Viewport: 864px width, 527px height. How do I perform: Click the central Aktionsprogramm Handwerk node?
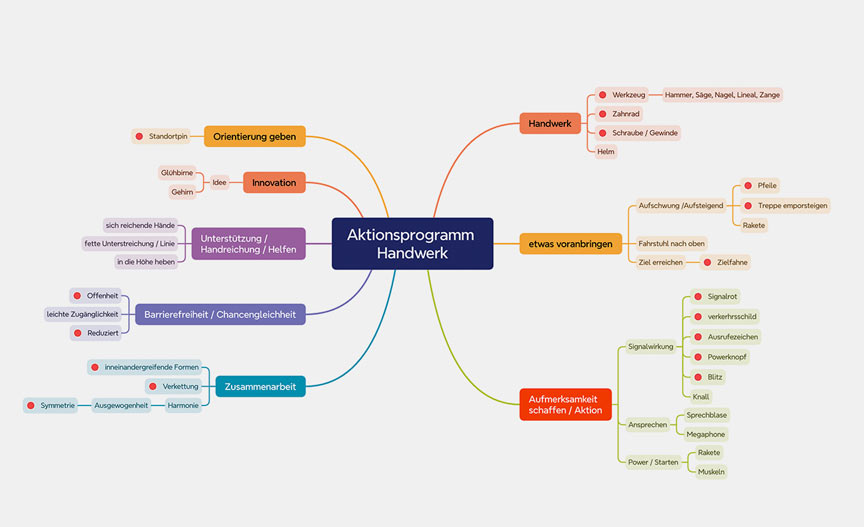(411, 243)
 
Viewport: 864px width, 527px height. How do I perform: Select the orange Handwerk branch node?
(549, 123)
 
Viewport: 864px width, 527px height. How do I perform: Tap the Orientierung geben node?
(254, 136)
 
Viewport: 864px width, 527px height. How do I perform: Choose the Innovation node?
(274, 183)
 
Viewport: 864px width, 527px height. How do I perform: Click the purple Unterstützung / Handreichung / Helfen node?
(247, 244)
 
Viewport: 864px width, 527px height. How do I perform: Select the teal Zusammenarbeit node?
(260, 386)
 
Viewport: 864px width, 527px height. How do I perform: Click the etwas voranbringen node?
(565, 243)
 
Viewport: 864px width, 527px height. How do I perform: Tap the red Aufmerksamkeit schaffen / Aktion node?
(566, 404)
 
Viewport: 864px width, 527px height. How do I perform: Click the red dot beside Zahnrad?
(602, 114)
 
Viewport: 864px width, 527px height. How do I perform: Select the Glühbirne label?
(177, 172)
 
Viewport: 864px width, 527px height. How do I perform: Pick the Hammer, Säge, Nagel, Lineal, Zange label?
(723, 95)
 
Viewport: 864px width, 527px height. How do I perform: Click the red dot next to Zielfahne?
(707, 262)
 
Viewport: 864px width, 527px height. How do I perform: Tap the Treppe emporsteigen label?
(793, 205)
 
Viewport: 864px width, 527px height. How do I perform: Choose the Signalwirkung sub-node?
(650, 347)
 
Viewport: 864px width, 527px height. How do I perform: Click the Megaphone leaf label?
(705, 434)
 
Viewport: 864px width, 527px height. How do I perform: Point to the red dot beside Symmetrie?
(31, 405)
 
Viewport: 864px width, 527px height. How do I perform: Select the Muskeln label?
(711, 471)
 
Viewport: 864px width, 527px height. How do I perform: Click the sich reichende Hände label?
(140, 224)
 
